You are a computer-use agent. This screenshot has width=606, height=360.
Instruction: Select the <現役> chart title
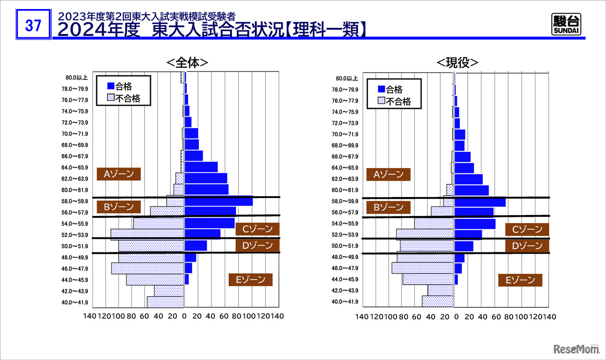click(457, 63)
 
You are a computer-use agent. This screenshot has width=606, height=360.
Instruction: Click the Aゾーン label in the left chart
click(118, 174)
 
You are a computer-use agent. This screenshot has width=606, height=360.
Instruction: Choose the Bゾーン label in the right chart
click(388, 207)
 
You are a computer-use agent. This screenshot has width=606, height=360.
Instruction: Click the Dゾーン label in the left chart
click(258, 245)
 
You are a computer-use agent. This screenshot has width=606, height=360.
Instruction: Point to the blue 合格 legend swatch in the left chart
click(111, 86)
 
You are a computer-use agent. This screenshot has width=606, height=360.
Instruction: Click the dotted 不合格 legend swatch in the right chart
click(381, 101)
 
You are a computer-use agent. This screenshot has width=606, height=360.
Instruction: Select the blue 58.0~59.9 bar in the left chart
click(218, 201)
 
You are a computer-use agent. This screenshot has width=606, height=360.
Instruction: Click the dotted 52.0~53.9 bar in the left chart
click(147, 234)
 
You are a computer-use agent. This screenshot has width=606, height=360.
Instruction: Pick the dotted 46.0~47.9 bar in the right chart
click(423, 268)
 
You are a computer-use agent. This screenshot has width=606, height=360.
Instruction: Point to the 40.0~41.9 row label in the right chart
click(345, 302)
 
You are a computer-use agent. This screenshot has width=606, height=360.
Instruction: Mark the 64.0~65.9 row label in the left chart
click(75, 167)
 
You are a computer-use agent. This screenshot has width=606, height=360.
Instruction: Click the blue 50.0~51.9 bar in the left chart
click(196, 245)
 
